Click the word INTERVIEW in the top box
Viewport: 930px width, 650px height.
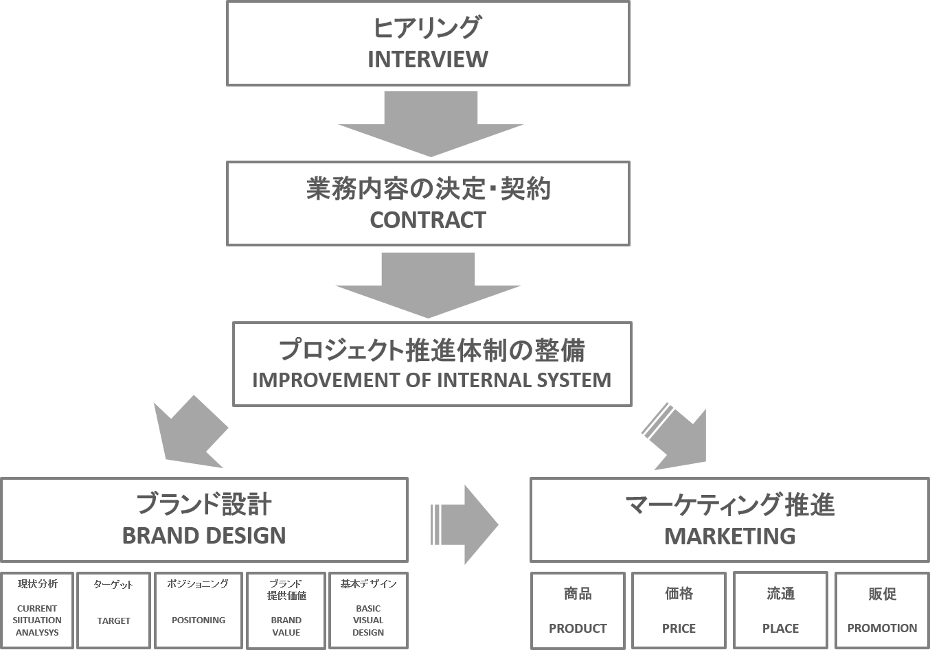427,60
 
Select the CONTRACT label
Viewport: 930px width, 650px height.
427,220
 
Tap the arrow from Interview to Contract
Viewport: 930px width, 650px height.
431,124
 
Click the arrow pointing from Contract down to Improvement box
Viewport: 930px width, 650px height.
428,286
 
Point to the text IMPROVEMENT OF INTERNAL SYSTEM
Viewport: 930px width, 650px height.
431,380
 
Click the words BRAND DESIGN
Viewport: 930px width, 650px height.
204,535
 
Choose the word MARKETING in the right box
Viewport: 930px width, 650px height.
729,536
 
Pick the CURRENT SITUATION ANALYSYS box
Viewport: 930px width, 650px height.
37,610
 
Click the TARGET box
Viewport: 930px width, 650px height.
113,610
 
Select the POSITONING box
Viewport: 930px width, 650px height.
199,610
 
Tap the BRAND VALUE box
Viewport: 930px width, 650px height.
286,610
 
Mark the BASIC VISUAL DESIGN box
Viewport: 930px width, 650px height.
368,610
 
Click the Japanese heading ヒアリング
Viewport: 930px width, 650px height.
427,28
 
